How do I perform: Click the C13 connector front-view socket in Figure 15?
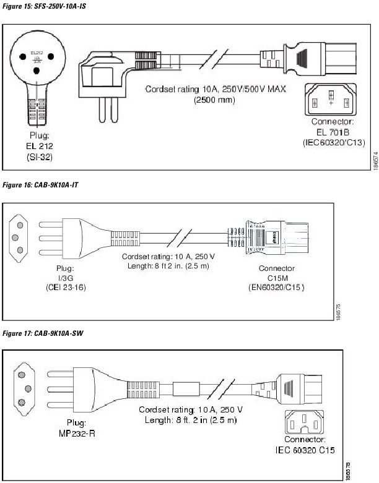point(331,97)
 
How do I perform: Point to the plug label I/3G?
point(64,278)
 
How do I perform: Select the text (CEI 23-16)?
point(64,287)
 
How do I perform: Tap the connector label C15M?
point(277,278)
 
